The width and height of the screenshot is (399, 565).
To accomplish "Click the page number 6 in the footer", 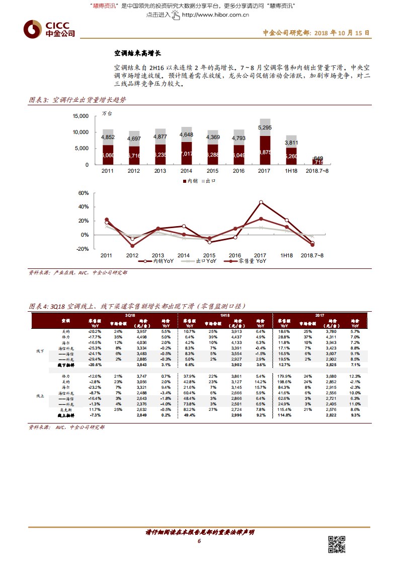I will [199, 541].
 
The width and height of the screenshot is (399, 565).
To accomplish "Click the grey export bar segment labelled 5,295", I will [265, 127].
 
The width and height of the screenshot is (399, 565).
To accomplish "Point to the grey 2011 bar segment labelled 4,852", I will [107, 137].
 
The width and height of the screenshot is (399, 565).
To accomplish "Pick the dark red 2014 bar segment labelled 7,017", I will [186, 153].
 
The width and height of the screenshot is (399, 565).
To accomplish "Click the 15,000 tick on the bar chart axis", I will [80, 116].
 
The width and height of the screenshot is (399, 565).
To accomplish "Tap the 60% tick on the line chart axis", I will [84, 193].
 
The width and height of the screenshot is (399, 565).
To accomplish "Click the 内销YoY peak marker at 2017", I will [261, 202].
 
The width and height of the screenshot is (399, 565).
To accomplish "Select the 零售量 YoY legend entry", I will [248, 262].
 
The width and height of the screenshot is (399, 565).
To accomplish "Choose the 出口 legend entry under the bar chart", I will [209, 180].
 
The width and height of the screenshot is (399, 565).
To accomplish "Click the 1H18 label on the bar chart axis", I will [291, 171].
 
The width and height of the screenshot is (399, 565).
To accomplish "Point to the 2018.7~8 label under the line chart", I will [314, 255].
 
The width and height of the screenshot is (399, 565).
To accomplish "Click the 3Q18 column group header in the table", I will [130, 315].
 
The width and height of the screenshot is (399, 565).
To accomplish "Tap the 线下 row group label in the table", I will [41, 350].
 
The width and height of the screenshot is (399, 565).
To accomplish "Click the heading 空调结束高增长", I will [137, 53].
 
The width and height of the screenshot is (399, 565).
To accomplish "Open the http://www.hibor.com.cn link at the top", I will [215, 15].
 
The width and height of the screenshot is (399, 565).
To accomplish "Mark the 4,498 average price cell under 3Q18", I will [142, 337].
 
